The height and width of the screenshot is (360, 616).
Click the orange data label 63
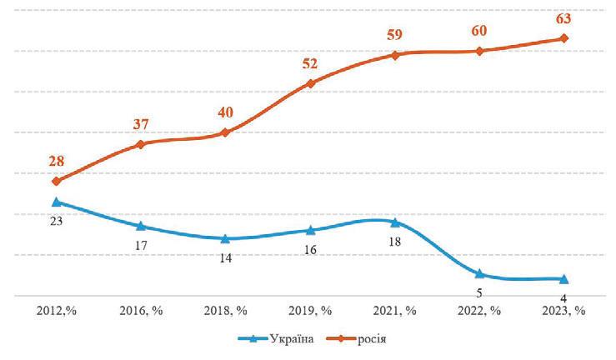[564, 15]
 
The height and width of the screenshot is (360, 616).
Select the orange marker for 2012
[56, 181]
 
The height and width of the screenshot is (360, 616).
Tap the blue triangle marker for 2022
[479, 273]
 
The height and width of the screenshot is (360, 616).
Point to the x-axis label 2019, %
[310, 311]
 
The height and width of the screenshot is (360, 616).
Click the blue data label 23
[57, 222]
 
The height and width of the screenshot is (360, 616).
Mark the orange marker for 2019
[310, 83]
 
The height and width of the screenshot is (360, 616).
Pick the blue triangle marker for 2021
[394, 222]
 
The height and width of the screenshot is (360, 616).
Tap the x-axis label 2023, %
[563, 311]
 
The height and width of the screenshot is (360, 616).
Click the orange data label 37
[142, 123]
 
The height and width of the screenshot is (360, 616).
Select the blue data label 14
[226, 257]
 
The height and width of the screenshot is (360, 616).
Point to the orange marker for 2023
[564, 38]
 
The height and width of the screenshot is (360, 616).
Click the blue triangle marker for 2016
[141, 226]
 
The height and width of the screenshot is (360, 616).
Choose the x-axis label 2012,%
[56, 311]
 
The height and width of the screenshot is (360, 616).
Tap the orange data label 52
[310, 63]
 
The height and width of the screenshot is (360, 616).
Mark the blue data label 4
[564, 298]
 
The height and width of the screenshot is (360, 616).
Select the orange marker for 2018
[226, 132]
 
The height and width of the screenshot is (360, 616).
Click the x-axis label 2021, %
[395, 311]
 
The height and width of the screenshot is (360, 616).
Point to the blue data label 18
[395, 242]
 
